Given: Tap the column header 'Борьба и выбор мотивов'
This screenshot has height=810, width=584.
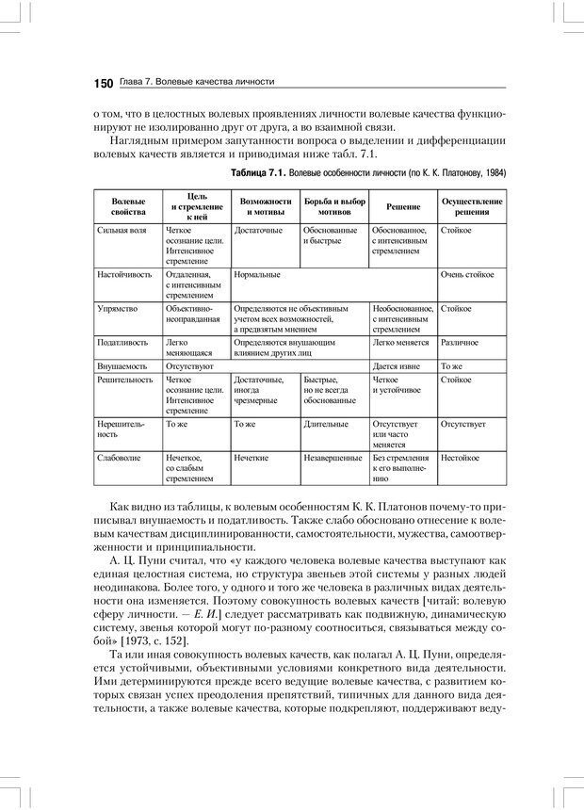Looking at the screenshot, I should pos(334,206).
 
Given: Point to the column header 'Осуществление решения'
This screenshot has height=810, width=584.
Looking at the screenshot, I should pos(472,206).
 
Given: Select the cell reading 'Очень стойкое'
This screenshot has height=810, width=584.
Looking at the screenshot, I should pos(467,274).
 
